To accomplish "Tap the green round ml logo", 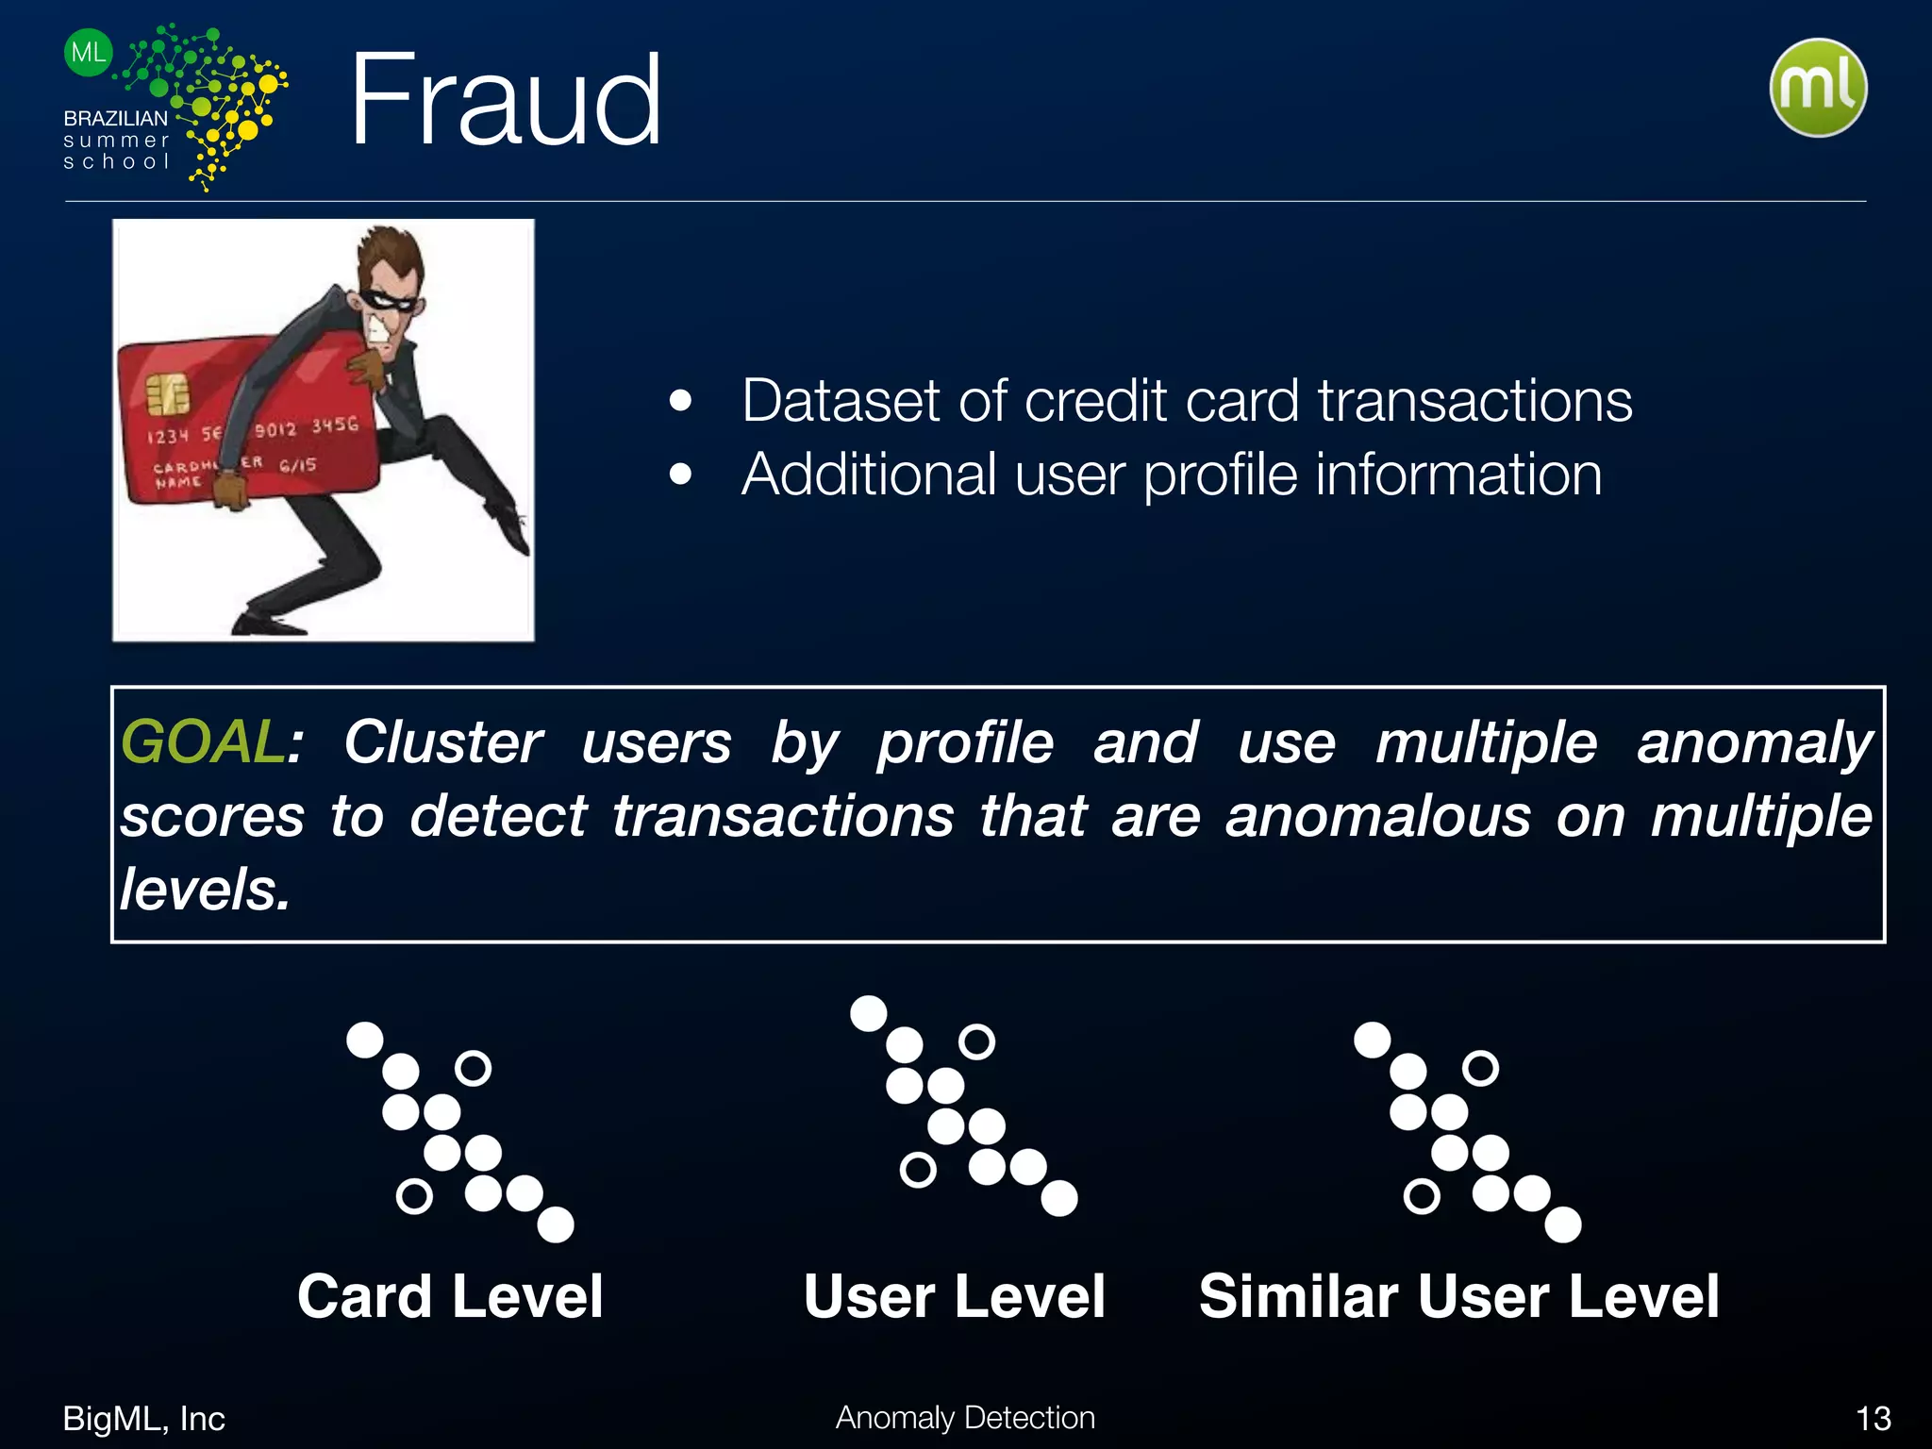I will point(1818,88).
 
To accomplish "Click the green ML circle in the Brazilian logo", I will point(89,53).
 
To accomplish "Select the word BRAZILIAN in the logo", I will point(115,119).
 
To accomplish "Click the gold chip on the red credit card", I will point(167,394).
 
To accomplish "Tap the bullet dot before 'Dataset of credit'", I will point(680,401).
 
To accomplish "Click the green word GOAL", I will point(202,741).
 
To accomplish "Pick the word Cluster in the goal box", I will point(442,741).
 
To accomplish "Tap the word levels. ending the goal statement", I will point(205,890).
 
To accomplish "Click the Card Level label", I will point(450,1296).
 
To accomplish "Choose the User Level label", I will point(954,1296).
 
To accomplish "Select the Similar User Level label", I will point(1458,1296).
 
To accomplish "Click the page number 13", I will point(1873,1419).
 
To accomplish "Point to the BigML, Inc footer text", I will point(143,1419).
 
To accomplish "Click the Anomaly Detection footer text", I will point(965,1418).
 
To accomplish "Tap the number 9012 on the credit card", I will point(275,430).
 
